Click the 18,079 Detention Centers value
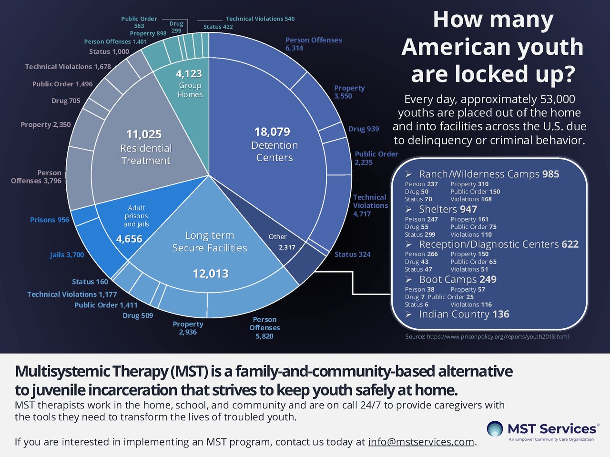(272, 132)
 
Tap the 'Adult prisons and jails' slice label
(136, 216)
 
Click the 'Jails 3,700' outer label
(67, 255)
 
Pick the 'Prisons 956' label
(50, 220)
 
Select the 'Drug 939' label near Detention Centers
(364, 129)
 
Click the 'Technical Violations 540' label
(260, 19)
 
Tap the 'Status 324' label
(352, 254)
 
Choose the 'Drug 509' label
(138, 315)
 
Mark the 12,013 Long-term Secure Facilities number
(211, 274)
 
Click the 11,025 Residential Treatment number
(144, 134)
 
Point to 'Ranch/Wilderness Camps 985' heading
(489, 174)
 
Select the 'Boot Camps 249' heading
(457, 279)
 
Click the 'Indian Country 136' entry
(464, 314)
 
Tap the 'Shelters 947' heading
(448, 209)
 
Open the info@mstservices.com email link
(421, 442)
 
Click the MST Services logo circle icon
(495, 429)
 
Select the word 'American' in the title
(492, 47)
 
